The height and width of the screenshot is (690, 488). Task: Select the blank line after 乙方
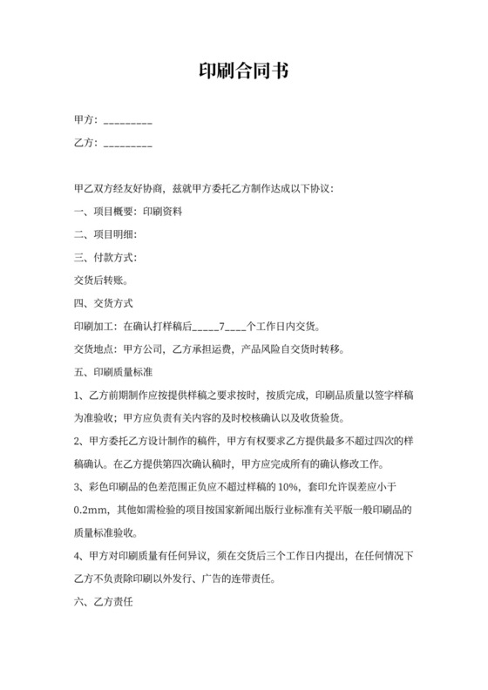[x=128, y=145]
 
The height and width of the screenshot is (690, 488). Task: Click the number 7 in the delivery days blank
[x=223, y=328]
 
